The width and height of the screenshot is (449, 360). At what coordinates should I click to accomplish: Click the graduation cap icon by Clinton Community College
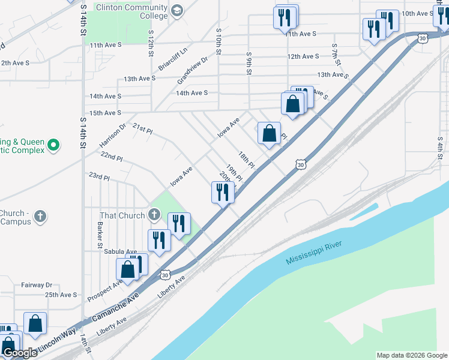[177, 11]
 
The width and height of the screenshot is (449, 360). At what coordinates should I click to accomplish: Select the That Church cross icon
[154, 215]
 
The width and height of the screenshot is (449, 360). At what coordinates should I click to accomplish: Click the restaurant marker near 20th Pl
[222, 193]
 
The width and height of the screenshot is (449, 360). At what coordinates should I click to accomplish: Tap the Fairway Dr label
[37, 285]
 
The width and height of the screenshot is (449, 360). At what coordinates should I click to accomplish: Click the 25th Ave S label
[61, 295]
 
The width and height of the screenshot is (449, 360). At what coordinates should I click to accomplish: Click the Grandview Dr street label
[192, 70]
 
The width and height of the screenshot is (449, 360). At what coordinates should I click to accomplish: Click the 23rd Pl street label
[99, 178]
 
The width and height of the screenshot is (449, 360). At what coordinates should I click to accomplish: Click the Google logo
[19, 353]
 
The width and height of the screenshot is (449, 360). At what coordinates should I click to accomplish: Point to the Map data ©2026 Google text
[412, 355]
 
